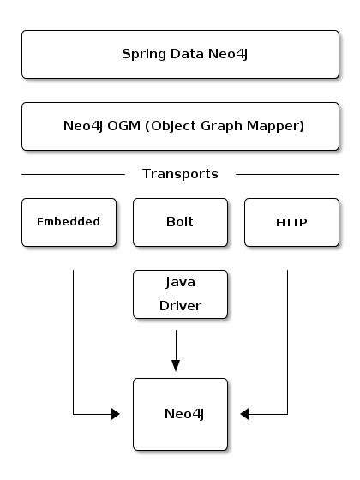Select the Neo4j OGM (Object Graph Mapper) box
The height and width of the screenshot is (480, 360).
pyautogui.click(x=179, y=126)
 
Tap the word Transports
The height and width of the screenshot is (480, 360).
pyautogui.click(x=180, y=174)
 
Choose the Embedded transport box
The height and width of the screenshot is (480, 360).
pyautogui.click(x=69, y=222)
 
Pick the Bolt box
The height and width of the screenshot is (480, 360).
pyautogui.click(x=180, y=222)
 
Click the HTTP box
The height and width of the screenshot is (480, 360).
pyautogui.click(x=291, y=222)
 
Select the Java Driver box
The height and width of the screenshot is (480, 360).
pyautogui.click(x=180, y=294)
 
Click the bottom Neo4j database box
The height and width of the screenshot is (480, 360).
pyautogui.click(x=180, y=414)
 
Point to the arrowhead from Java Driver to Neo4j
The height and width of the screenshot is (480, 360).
pyautogui.click(x=176, y=365)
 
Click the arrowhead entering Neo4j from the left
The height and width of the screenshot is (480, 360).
pyautogui.click(x=114, y=415)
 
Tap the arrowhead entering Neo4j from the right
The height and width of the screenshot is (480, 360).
pyautogui.click(x=245, y=415)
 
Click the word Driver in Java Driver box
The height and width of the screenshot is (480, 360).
pyautogui.click(x=180, y=305)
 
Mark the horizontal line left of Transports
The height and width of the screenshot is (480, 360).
pyautogui.click(x=73, y=174)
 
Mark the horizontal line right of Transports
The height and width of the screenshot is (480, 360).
pyautogui.click(x=287, y=174)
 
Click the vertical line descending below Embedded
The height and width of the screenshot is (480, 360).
pyautogui.click(x=73, y=343)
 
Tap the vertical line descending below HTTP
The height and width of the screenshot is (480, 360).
pyautogui.click(x=287, y=343)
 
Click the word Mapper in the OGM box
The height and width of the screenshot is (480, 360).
pyautogui.click(x=276, y=126)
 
